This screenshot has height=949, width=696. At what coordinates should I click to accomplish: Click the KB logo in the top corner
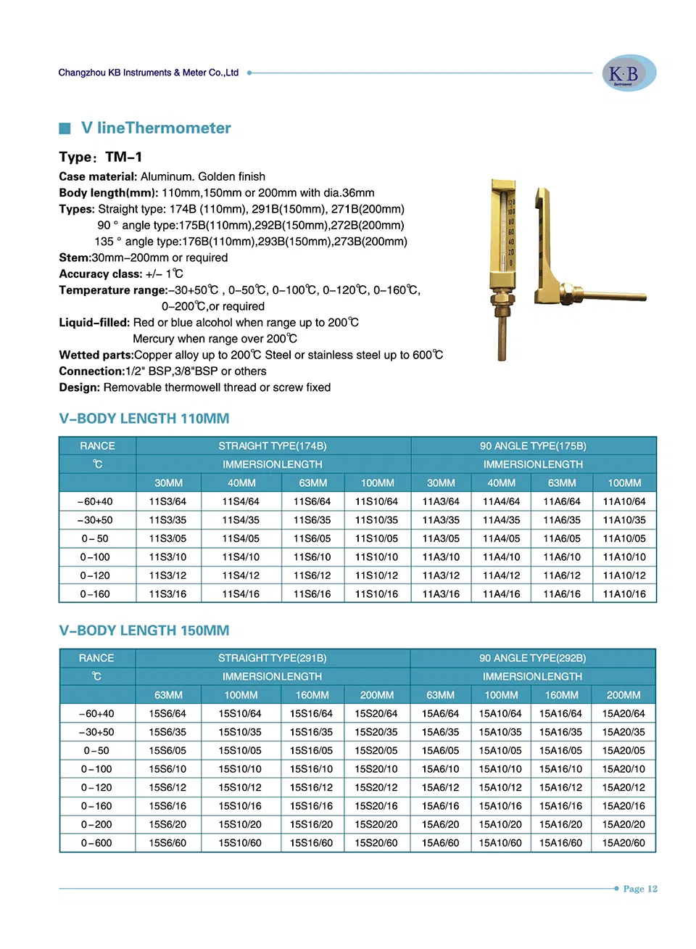click(629, 73)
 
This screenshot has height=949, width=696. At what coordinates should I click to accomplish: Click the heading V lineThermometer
click(156, 128)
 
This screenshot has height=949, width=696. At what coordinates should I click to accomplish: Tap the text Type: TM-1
click(101, 157)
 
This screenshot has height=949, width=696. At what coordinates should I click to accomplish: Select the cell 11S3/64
click(167, 501)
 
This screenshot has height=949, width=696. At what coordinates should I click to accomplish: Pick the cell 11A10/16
click(623, 593)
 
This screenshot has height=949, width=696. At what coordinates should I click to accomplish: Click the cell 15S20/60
click(376, 843)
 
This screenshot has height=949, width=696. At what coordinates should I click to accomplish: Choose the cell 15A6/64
click(440, 714)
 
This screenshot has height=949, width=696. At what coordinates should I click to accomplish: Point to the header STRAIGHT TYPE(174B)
click(273, 446)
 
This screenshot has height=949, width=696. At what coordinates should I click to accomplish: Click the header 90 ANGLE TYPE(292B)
click(532, 658)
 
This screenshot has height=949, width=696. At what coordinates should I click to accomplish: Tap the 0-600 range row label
click(96, 843)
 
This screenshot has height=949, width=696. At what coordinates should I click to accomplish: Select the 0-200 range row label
click(96, 825)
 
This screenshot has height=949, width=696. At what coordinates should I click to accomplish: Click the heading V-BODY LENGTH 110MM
click(144, 419)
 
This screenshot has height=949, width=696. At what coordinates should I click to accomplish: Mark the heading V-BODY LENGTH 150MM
click(144, 630)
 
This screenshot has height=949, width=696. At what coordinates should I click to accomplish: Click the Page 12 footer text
click(639, 889)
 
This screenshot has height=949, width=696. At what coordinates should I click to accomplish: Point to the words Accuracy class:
click(101, 274)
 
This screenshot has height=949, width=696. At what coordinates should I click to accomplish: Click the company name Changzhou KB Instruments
click(148, 73)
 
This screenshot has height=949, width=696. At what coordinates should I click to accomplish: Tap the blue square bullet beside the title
click(65, 128)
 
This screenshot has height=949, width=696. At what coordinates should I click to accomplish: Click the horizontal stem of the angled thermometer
click(613, 296)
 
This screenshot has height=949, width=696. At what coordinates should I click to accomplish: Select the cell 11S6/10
click(312, 557)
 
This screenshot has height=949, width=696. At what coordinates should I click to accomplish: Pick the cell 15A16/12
click(560, 788)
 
